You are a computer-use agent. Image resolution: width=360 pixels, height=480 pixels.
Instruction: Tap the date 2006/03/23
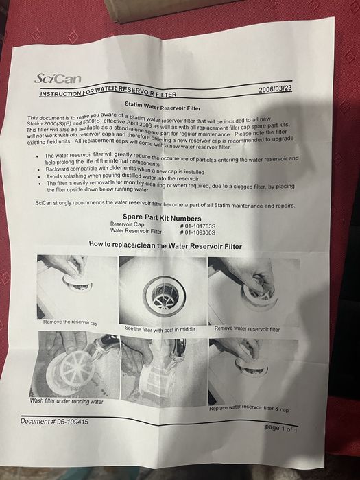coord(278,89)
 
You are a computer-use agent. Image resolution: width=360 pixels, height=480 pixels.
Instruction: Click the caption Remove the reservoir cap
coord(70,322)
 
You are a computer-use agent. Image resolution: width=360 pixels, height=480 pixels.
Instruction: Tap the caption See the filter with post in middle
coord(160,329)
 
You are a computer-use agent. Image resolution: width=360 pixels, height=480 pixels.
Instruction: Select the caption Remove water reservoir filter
coord(247,329)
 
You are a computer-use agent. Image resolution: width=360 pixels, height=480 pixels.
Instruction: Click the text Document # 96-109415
coord(54,422)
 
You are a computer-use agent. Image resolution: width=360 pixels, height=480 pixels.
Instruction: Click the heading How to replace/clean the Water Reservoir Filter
coord(165,245)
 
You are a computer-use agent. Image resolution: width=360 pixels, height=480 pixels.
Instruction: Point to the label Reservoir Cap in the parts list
coord(127,224)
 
